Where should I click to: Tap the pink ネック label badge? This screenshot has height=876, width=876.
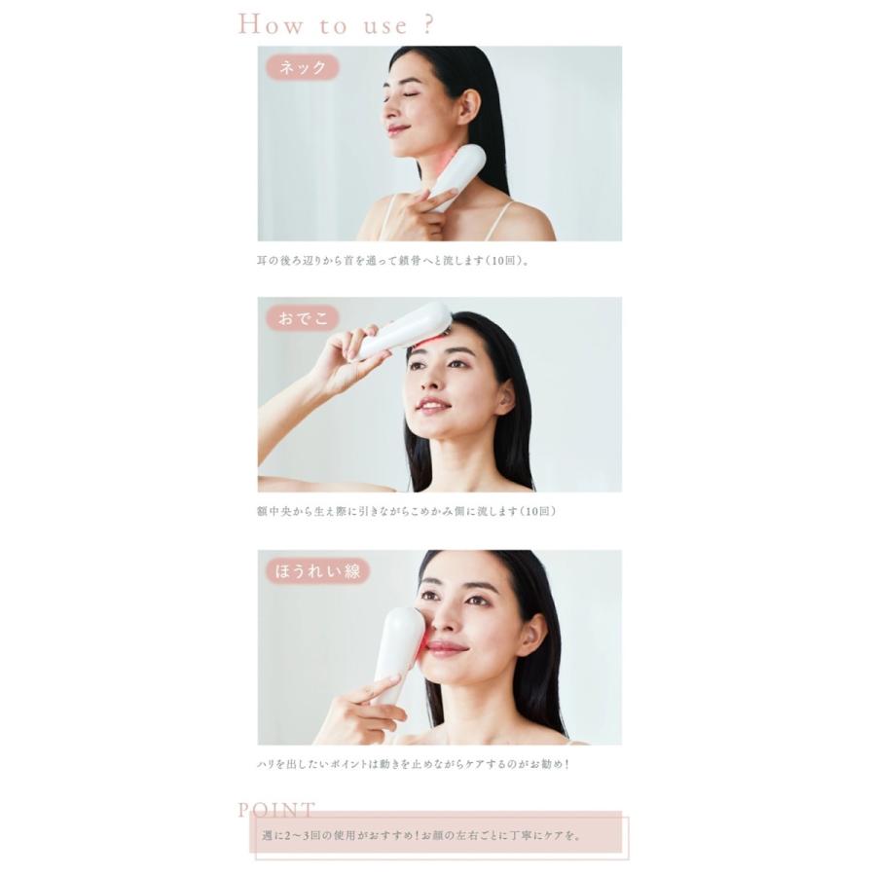click(302, 67)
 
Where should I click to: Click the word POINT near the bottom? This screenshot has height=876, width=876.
click(276, 810)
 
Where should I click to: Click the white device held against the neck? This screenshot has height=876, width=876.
click(458, 175)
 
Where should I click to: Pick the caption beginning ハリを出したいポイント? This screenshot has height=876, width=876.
click(409, 764)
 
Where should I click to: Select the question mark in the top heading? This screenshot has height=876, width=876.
click(427, 24)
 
